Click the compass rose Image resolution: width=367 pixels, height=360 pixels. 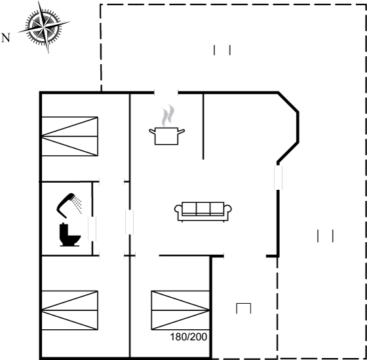tap(44, 27)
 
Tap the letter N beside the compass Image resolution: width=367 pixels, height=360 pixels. tap(6, 38)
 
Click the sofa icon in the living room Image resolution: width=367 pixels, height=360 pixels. tap(203, 211)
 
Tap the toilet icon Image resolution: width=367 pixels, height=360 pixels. tap(69, 235)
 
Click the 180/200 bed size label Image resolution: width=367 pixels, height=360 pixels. tap(189, 337)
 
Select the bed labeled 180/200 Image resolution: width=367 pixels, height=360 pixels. tap(180, 310)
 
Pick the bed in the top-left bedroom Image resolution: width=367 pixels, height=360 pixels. tap(69, 136)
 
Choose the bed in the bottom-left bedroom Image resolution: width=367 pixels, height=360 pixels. tap(69, 310)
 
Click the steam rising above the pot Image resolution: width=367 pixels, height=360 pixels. tap(168, 115)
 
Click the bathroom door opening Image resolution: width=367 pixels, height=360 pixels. tap(92, 228)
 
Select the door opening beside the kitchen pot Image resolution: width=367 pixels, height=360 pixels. tap(166, 93)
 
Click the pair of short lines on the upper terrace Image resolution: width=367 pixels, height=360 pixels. tap(222, 50)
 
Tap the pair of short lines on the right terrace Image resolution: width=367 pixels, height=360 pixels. tap(325, 236)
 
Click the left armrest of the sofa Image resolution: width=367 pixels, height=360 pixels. tap(178, 209)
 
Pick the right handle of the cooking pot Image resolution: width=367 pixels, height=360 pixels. tap(182, 131)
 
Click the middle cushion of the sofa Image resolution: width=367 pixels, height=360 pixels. tap(203, 208)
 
